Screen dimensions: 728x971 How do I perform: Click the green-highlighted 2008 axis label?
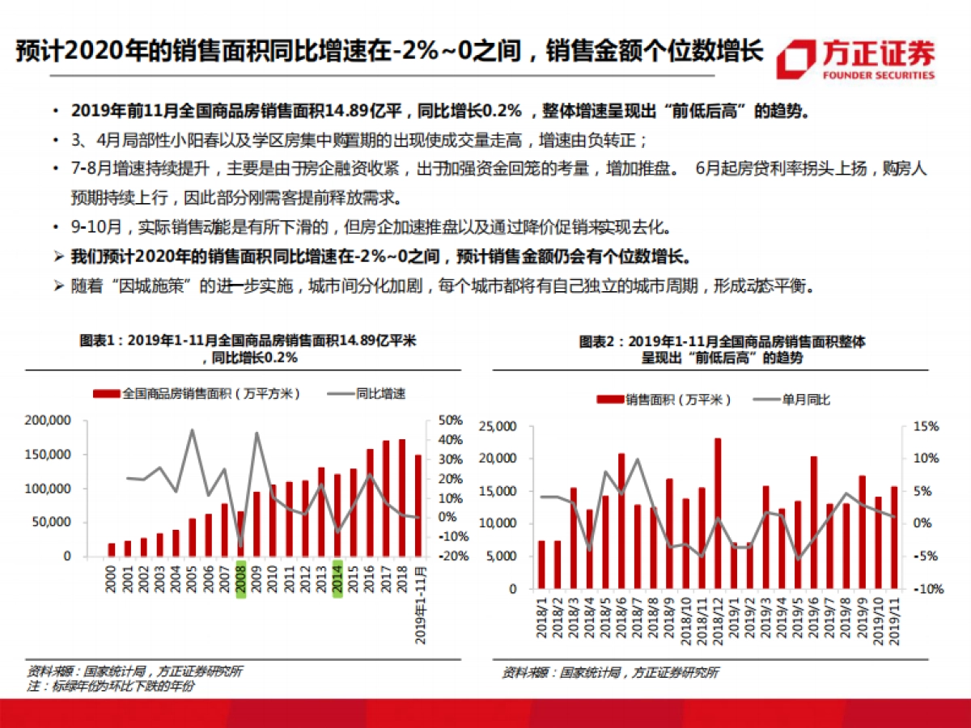(240, 578)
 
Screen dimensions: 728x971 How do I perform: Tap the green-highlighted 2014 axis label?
(337, 578)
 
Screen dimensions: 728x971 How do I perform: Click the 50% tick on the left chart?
(451, 421)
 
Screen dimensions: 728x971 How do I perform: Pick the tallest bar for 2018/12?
(718, 514)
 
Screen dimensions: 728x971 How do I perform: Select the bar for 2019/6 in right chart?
(813, 523)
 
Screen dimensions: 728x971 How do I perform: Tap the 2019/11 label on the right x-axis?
(894, 618)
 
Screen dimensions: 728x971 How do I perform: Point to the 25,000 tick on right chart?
(498, 426)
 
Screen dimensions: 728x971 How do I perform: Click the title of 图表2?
(722, 349)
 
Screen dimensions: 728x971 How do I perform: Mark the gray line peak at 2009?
(257, 433)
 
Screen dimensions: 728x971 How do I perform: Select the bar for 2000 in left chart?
(112, 550)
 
